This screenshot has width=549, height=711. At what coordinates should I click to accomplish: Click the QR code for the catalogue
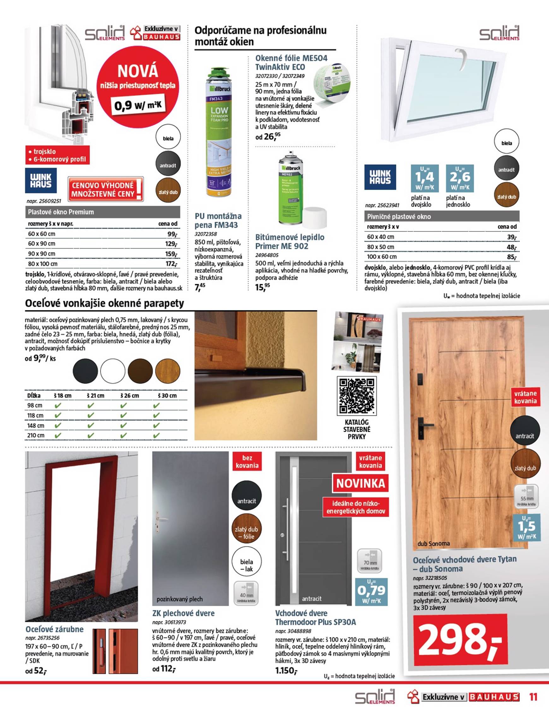(357, 396)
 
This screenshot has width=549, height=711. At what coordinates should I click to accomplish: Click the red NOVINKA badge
(360, 484)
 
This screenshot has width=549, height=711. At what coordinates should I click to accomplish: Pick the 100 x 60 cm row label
(382, 257)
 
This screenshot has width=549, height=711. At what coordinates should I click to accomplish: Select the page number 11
(533, 697)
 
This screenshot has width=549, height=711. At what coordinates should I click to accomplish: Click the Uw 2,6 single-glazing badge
(459, 178)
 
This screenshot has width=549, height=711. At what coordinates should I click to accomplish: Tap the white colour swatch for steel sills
(113, 371)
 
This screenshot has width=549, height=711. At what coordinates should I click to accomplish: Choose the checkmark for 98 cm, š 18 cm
(58, 406)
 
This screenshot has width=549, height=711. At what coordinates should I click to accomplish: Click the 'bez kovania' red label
(247, 462)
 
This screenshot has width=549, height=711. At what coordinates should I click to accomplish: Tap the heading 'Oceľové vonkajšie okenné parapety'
(104, 303)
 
